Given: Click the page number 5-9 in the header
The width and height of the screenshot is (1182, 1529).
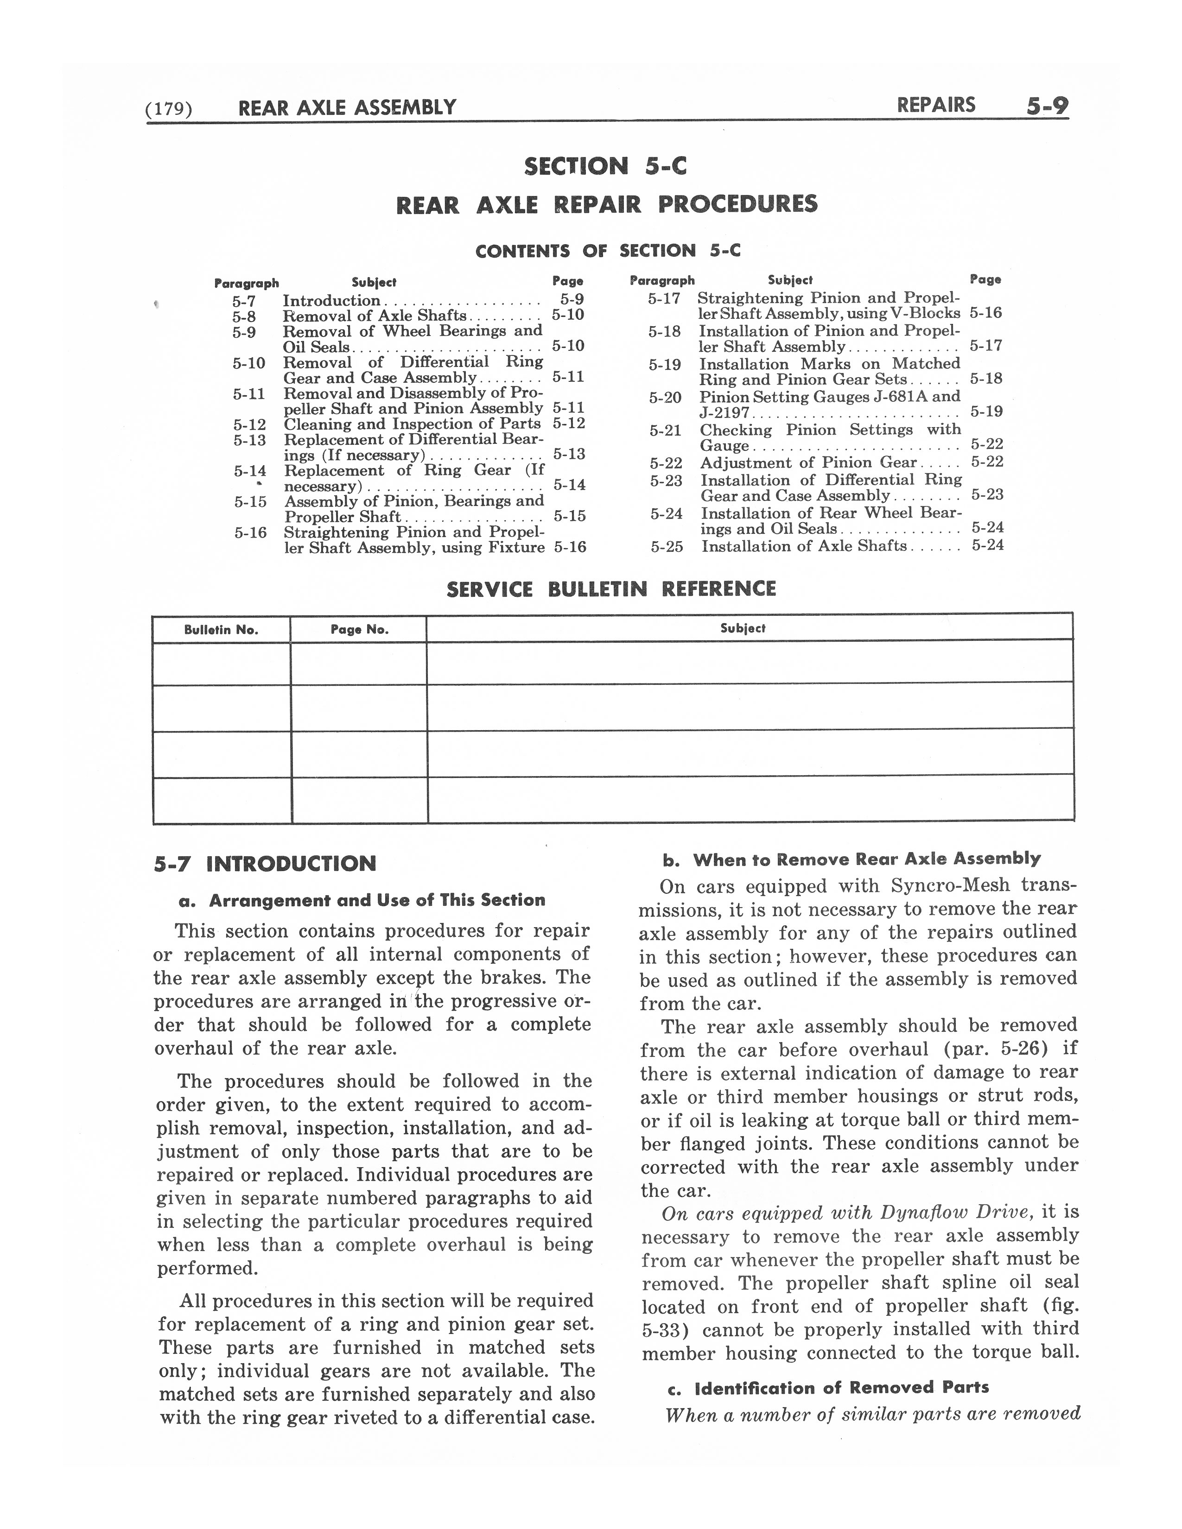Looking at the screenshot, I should pos(1046,107).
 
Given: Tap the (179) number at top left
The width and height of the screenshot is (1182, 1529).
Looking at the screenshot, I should pos(168,108).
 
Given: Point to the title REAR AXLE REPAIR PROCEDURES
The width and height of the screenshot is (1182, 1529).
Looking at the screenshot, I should pos(606,205).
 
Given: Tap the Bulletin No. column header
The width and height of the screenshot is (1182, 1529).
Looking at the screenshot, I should pos(221,629).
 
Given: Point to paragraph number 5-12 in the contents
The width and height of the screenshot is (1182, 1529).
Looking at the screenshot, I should pos(250,425).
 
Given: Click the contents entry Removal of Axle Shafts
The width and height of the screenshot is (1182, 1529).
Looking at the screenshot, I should pos(375,316).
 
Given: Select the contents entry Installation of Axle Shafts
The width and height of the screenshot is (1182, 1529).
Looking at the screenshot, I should pos(804,546).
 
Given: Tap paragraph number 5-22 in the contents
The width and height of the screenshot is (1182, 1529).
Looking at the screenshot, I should pos(665,463).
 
